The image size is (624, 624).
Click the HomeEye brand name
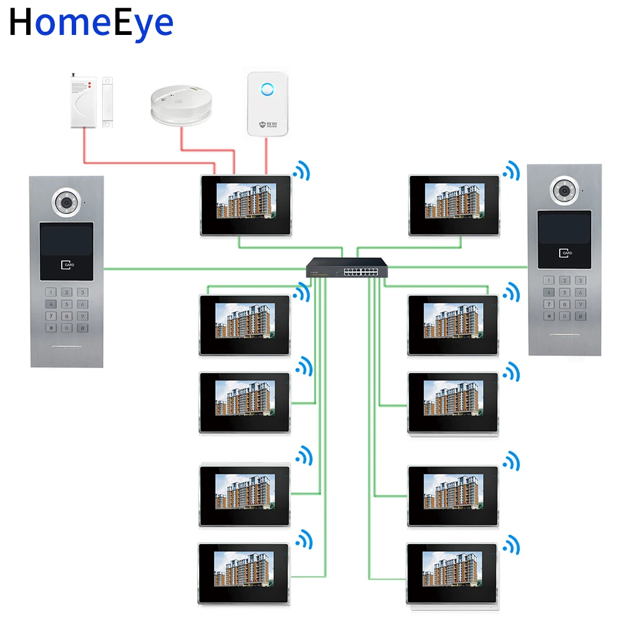coord(91,22)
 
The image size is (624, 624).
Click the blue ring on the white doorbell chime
coord(266,89)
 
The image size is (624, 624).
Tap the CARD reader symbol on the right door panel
coord(565,252)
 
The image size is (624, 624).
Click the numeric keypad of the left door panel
coord(66,310)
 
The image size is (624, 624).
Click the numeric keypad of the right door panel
coord(564,298)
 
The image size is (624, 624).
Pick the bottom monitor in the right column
coord(452,573)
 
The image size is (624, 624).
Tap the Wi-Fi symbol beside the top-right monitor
coord(512,170)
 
